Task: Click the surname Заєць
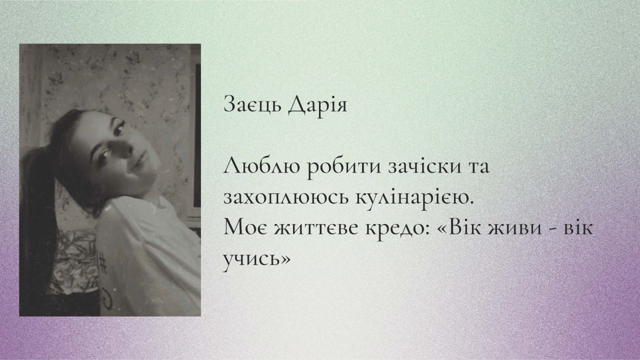253,104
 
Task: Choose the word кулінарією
414,197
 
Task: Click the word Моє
245,228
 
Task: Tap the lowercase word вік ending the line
579,228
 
